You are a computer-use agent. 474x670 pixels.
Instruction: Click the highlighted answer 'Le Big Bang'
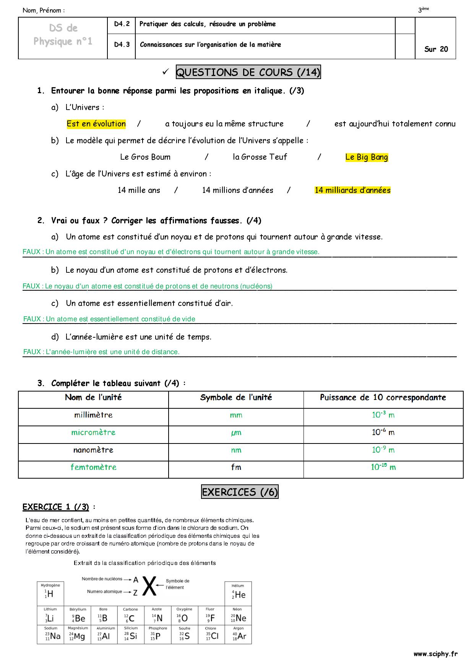coord(366,157)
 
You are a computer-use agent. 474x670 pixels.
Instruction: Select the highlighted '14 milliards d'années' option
coord(352,190)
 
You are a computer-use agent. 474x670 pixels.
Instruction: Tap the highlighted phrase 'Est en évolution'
coord(96,124)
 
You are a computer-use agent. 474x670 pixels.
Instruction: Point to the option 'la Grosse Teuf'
coord(260,157)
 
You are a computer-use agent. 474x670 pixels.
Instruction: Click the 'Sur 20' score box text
coord(436,49)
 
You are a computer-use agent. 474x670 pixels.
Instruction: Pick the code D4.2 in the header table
coord(122,24)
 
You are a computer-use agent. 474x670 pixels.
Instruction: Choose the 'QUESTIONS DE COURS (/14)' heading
coord(248,72)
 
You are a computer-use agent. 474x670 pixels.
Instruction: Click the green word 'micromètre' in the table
coord(93,432)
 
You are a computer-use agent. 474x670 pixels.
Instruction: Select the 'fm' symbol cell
coord(236,467)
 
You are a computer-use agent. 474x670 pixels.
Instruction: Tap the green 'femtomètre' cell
coord(93,467)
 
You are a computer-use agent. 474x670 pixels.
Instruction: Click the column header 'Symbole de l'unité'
coord(236,397)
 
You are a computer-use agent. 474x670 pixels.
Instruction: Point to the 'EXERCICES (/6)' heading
coord(240,492)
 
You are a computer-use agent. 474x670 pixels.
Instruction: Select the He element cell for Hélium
coord(239,595)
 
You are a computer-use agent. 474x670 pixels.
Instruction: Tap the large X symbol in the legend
coord(150,586)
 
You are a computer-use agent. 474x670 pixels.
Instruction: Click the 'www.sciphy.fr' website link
coord(435,654)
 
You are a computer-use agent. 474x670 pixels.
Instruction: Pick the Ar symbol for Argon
coord(240,636)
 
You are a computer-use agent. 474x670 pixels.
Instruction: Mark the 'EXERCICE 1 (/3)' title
coord(56,507)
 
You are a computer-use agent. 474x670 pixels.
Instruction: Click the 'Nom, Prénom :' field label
coord(43,11)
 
